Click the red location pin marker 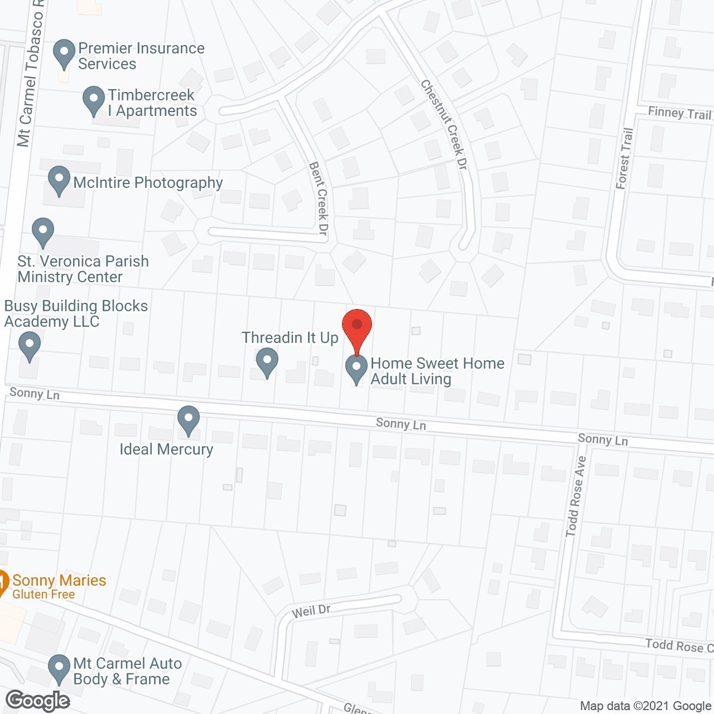pyautogui.click(x=357, y=326)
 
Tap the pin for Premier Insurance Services pyautogui.click(x=64, y=54)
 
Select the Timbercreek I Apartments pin pyautogui.click(x=94, y=100)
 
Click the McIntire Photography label pyautogui.click(x=148, y=183)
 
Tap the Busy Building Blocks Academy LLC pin pyautogui.click(x=30, y=346)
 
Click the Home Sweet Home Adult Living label pyautogui.click(x=437, y=371)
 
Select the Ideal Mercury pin pyautogui.click(x=189, y=420)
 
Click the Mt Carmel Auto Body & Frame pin pyautogui.click(x=59, y=669)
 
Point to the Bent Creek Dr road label pyautogui.click(x=319, y=198)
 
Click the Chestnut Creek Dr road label pyautogui.click(x=444, y=124)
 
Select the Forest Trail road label pyautogui.click(x=625, y=158)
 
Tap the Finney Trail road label pyautogui.click(x=679, y=113)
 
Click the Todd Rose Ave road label pyautogui.click(x=576, y=496)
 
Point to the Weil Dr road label pyautogui.click(x=311, y=611)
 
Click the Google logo pyautogui.click(x=38, y=701)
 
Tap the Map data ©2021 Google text pyautogui.click(x=645, y=706)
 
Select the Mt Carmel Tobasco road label pyautogui.click(x=31, y=73)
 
